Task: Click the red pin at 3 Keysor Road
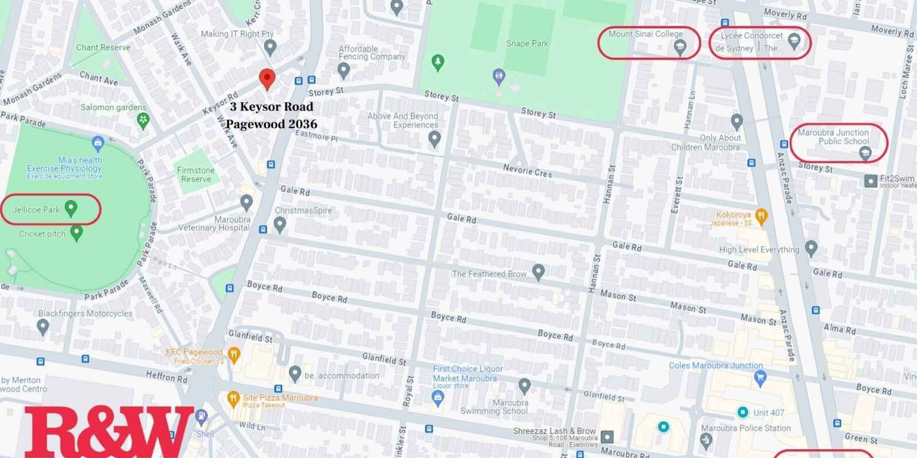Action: [267, 78]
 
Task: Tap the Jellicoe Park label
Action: [36, 210]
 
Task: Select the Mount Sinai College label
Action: [645, 34]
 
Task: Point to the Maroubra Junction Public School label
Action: [833, 137]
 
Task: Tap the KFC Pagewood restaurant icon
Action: [233, 355]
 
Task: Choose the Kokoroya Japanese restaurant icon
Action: [761, 216]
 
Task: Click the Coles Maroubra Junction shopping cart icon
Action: [760, 377]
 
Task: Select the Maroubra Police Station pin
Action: [706, 440]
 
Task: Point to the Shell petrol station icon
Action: [201, 417]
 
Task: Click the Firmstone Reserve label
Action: [195, 175]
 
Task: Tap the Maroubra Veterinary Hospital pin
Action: [246, 202]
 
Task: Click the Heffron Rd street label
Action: [166, 376]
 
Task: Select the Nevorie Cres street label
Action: [527, 171]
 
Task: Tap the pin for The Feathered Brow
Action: [538, 272]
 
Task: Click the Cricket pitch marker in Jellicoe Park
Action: [76, 232]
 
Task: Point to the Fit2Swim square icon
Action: [871, 180]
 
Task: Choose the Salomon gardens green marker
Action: [143, 120]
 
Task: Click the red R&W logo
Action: [109, 433]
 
